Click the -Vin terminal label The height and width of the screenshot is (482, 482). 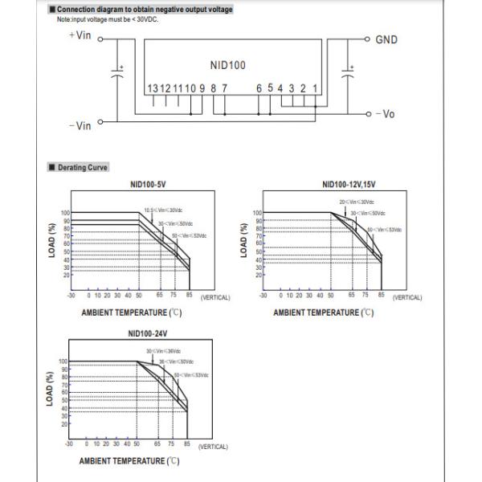(80, 125)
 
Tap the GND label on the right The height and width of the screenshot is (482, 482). (386, 39)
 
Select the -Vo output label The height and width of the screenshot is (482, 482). (385, 114)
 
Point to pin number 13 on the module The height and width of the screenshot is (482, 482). (152, 88)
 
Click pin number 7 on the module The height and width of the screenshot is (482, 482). (224, 88)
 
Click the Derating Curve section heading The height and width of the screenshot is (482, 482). (84, 167)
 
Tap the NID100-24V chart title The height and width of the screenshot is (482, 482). (150, 333)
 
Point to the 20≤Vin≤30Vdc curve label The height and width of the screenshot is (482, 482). (357, 202)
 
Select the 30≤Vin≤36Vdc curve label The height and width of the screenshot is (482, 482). (163, 351)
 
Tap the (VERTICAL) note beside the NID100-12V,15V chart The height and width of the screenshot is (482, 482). (406, 297)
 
